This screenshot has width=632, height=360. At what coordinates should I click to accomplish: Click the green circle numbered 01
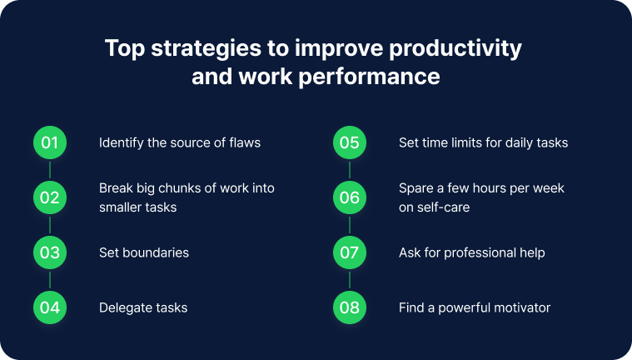pyautogui.click(x=50, y=142)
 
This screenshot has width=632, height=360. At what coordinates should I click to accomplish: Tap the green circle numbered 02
pyautogui.click(x=50, y=197)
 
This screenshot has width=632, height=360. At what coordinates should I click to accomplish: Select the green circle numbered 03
pyautogui.click(x=50, y=252)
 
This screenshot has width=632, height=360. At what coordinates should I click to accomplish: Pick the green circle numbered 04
pyautogui.click(x=50, y=307)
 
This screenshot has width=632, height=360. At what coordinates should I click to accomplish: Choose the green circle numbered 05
pyautogui.click(x=350, y=142)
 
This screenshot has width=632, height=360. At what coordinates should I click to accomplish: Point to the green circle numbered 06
pyautogui.click(x=350, y=197)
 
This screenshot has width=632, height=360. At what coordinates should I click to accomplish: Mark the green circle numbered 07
pyautogui.click(x=350, y=252)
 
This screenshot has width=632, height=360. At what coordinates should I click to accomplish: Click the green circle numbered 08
pyautogui.click(x=350, y=307)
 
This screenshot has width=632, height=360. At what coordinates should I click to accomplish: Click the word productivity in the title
pyautogui.click(x=455, y=49)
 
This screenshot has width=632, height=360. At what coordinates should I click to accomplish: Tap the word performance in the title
pyautogui.click(x=369, y=77)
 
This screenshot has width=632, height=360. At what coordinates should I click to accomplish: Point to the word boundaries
pyautogui.click(x=156, y=252)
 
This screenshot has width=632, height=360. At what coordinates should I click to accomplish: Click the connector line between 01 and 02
pyautogui.click(x=50, y=170)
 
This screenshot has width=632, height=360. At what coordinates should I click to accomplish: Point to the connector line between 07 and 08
pyautogui.click(x=350, y=280)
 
